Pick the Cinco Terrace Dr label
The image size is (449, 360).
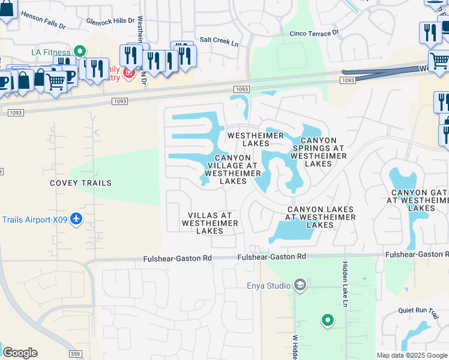coord(314,34)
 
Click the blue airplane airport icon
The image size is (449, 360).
coord(76,220)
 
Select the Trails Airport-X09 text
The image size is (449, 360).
coord(34,220)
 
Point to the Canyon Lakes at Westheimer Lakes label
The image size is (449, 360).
coord(319,217)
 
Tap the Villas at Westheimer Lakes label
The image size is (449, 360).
coord(210,223)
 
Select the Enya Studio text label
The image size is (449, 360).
coord(268,286)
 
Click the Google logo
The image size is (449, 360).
coord(20,353)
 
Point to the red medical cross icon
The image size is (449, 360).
coord(128,73)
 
